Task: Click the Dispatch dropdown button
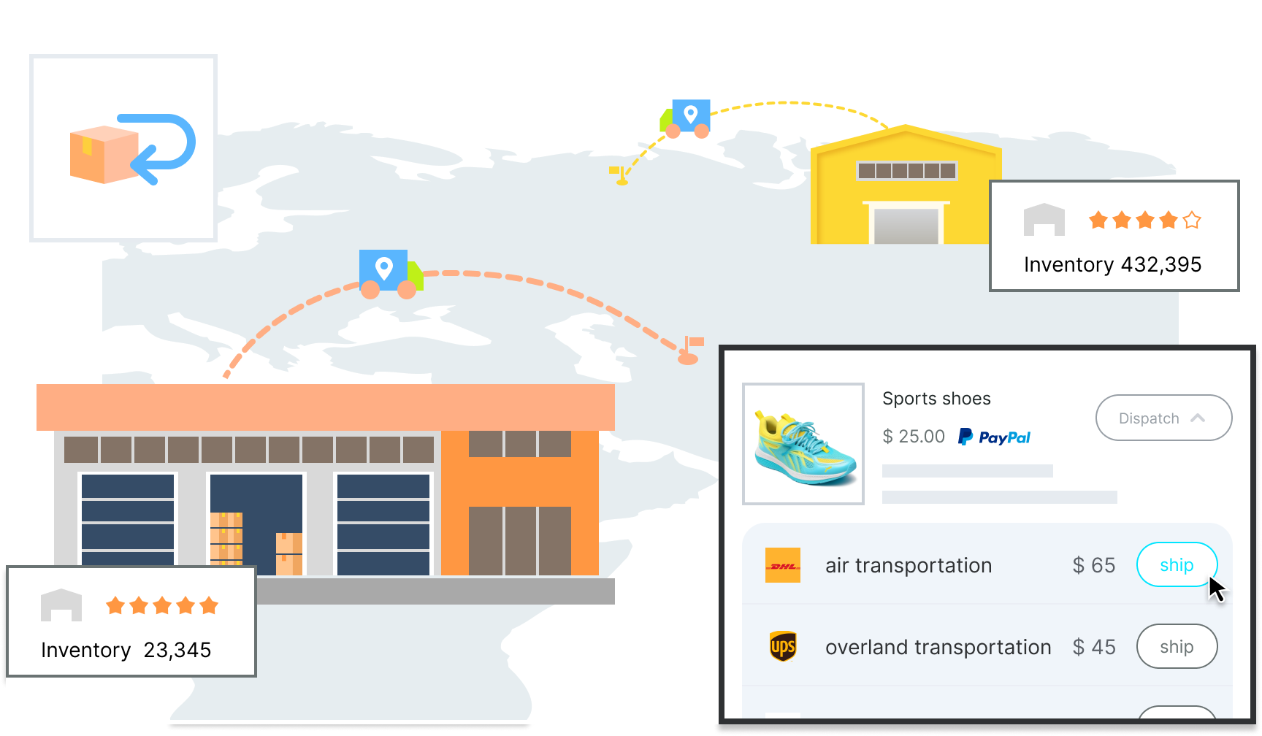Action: point(1163,418)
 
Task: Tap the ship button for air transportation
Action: point(1176,564)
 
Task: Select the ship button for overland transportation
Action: point(1176,646)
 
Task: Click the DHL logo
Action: point(782,565)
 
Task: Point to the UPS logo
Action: point(782,646)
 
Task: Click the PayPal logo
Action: point(994,437)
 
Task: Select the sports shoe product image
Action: point(803,444)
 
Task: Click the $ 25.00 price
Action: point(913,437)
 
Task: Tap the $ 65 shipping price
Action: point(1093,565)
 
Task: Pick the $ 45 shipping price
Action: point(1093,647)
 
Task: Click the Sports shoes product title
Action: point(936,399)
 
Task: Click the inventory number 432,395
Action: point(1160,264)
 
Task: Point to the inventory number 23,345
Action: point(177,650)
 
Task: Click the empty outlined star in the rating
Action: point(1192,220)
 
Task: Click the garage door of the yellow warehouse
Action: point(906,226)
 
